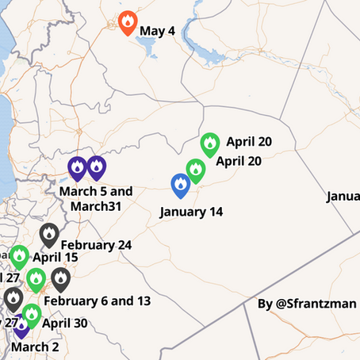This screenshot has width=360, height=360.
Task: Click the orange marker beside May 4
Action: point(128,23)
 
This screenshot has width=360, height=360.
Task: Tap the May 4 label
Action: point(157,32)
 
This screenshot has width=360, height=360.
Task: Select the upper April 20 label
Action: point(248,143)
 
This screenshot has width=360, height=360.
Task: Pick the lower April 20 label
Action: point(239,161)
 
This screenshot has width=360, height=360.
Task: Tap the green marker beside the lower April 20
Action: point(196,170)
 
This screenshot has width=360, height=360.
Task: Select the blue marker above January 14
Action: point(181,186)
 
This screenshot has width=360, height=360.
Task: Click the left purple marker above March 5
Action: point(77,167)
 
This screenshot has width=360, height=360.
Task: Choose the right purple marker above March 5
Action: point(96,167)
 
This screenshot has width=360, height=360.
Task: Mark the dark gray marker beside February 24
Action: point(49,235)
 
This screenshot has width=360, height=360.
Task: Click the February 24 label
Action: point(95,245)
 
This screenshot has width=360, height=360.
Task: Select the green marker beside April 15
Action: point(19,257)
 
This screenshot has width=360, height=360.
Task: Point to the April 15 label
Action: point(55,258)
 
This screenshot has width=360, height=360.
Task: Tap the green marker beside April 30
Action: point(31,315)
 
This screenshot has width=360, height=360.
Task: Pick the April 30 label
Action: point(65,323)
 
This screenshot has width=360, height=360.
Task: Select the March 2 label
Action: point(36,347)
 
